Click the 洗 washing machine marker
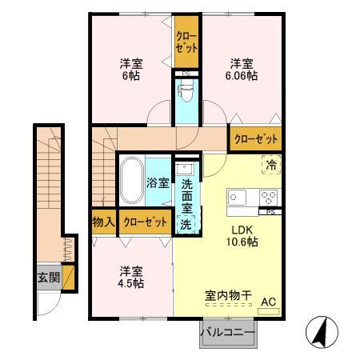tap(185, 224)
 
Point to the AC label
tap(270, 302)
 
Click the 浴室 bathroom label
tap(157, 182)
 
